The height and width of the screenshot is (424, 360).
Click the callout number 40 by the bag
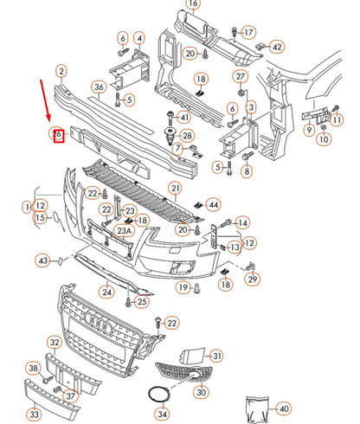(x=284, y=407)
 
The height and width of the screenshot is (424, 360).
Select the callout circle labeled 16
(x=192, y=4)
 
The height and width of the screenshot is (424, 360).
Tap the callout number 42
(x=277, y=47)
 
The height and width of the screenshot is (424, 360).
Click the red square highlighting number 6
(x=58, y=135)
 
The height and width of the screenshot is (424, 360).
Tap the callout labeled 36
(x=99, y=87)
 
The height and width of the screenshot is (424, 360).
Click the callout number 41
(x=184, y=117)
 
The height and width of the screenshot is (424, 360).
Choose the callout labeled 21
(x=174, y=188)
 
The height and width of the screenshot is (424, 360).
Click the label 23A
(x=125, y=231)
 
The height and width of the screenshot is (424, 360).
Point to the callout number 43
(x=43, y=260)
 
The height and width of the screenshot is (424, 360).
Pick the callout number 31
(x=216, y=356)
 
